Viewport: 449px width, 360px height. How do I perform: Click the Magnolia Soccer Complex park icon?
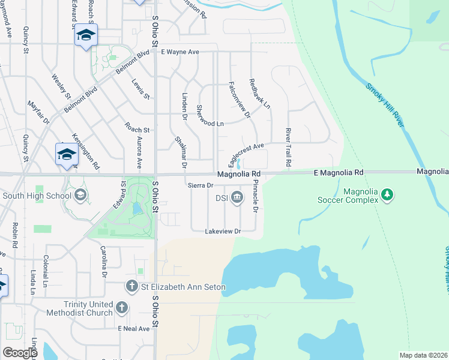(388, 194)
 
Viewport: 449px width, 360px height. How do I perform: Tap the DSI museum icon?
(237, 197)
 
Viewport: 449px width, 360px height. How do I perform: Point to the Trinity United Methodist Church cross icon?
(122, 308)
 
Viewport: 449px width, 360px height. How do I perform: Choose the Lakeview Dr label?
(223, 231)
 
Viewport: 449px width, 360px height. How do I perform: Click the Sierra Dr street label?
(200, 185)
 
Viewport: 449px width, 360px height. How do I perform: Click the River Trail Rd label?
(288, 147)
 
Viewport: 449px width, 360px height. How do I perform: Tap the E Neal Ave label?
(134, 329)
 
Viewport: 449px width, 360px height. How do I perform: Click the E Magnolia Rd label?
(339, 173)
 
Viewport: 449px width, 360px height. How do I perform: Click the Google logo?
(20, 352)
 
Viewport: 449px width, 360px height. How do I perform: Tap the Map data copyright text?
(423, 355)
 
